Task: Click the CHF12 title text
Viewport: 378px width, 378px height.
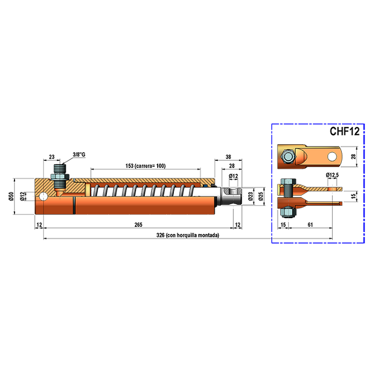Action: (x=345, y=131)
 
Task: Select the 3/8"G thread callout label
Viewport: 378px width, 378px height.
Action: (x=79, y=154)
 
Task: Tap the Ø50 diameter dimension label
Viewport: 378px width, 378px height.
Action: (x=11, y=196)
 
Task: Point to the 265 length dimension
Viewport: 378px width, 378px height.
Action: (x=138, y=225)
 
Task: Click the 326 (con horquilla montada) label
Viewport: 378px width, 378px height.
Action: (x=188, y=235)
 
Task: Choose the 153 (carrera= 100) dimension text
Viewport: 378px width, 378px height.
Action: (x=146, y=166)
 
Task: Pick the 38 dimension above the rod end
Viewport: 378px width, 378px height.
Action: (x=228, y=157)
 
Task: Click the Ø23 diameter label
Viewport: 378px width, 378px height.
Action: (x=251, y=196)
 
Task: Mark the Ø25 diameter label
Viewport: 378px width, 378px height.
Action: (x=261, y=196)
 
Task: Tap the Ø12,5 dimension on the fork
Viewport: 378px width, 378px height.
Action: (x=332, y=175)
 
